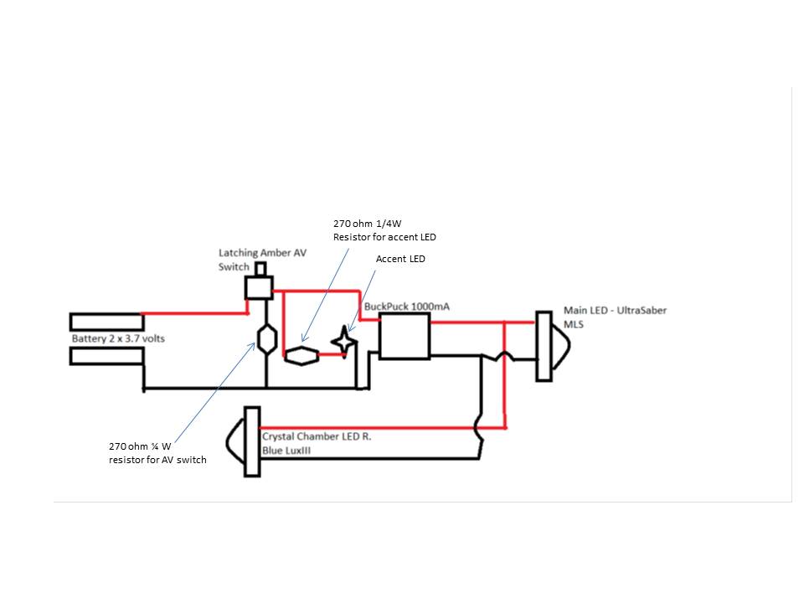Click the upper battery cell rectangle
click(x=106, y=322)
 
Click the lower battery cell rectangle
click(x=106, y=357)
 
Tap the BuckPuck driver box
click(x=405, y=337)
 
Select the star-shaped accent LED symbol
click(x=343, y=341)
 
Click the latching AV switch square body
click(x=258, y=288)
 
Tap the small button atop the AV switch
click(x=260, y=269)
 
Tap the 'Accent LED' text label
click(x=400, y=260)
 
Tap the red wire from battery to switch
click(x=194, y=313)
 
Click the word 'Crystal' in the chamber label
click(x=281, y=436)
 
